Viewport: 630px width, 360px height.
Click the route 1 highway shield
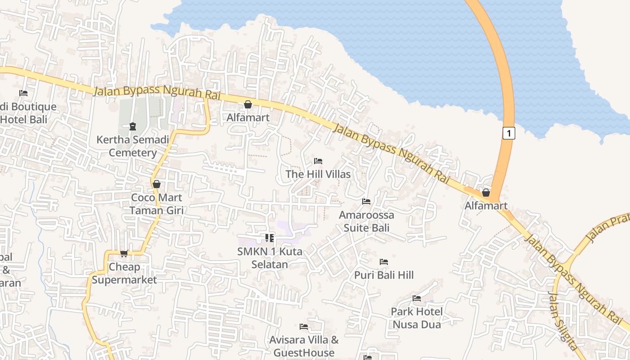[508, 133]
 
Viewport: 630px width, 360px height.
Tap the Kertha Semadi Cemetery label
[133, 146]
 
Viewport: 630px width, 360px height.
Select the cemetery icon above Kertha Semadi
[133, 126]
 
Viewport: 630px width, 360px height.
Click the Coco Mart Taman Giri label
[157, 203]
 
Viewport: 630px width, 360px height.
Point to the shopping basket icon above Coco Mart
[157, 184]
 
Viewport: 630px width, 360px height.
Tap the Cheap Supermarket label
[125, 273]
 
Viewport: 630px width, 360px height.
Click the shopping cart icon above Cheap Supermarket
[124, 253]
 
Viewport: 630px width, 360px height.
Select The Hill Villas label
[318, 174]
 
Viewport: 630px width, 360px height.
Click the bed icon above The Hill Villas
[318, 161]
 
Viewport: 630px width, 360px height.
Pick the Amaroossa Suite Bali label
[366, 221]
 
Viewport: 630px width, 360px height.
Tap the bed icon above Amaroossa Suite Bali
[366, 201]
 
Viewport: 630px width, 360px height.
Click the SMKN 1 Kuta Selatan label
[270, 258]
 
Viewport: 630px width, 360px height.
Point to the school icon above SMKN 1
[270, 238]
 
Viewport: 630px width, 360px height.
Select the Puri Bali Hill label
[384, 275]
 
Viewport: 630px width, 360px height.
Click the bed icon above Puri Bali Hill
[384, 261]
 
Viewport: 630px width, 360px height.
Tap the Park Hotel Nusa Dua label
[417, 318]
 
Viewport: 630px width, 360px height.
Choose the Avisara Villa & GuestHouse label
[304, 346]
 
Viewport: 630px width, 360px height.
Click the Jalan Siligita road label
[562, 321]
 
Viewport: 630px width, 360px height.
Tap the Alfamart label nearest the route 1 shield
[486, 206]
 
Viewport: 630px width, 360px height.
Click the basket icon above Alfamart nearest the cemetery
[248, 105]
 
